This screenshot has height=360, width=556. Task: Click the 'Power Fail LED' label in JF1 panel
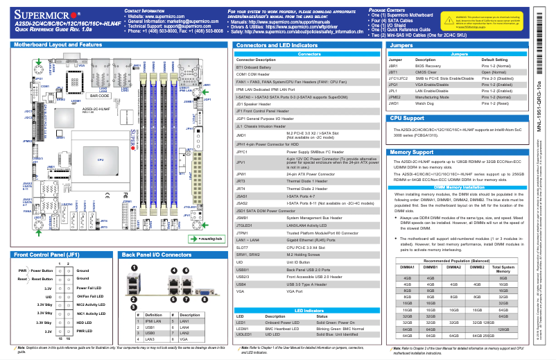click(x=88, y=287)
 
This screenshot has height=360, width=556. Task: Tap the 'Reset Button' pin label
click(x=34, y=278)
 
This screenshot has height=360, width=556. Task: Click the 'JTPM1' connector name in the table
click(x=243, y=232)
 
